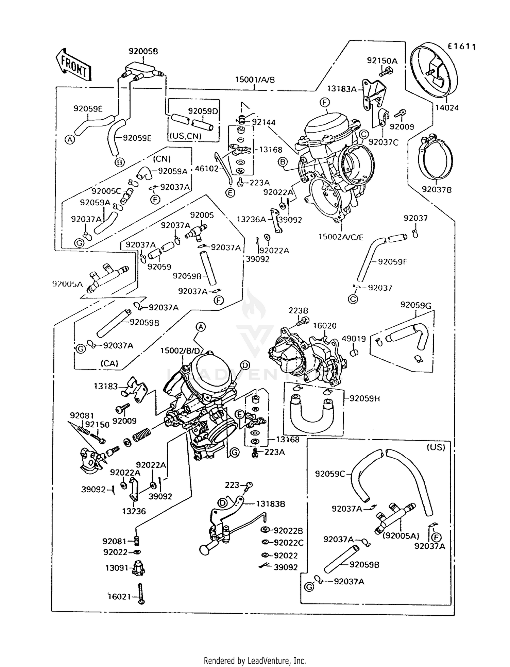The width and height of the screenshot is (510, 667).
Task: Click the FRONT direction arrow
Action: [x=74, y=65]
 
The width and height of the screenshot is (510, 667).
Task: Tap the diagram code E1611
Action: [x=461, y=47]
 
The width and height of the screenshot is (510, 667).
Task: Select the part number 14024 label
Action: [x=447, y=108]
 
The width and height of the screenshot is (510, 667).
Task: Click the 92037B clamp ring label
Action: [x=437, y=190]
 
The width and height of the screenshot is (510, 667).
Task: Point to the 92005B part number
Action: [x=143, y=51]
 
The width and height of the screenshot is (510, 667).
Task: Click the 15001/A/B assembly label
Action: [x=255, y=80]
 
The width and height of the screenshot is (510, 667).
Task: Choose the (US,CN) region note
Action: [x=185, y=136]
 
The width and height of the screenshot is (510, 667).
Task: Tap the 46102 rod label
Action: [x=206, y=168]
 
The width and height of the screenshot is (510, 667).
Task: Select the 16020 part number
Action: [x=325, y=326]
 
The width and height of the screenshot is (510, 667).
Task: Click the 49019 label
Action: [x=354, y=339]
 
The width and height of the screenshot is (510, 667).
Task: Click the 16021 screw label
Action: [x=119, y=597]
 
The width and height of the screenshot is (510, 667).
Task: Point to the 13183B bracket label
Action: [x=270, y=504]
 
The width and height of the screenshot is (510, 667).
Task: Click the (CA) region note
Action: [x=109, y=363]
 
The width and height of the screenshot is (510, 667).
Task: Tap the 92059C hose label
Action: [x=330, y=474]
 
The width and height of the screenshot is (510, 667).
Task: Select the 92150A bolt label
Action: [x=382, y=61]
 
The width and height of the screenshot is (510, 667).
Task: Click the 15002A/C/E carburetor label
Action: [x=341, y=237]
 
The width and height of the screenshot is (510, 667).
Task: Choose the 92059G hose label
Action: [x=415, y=305]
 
